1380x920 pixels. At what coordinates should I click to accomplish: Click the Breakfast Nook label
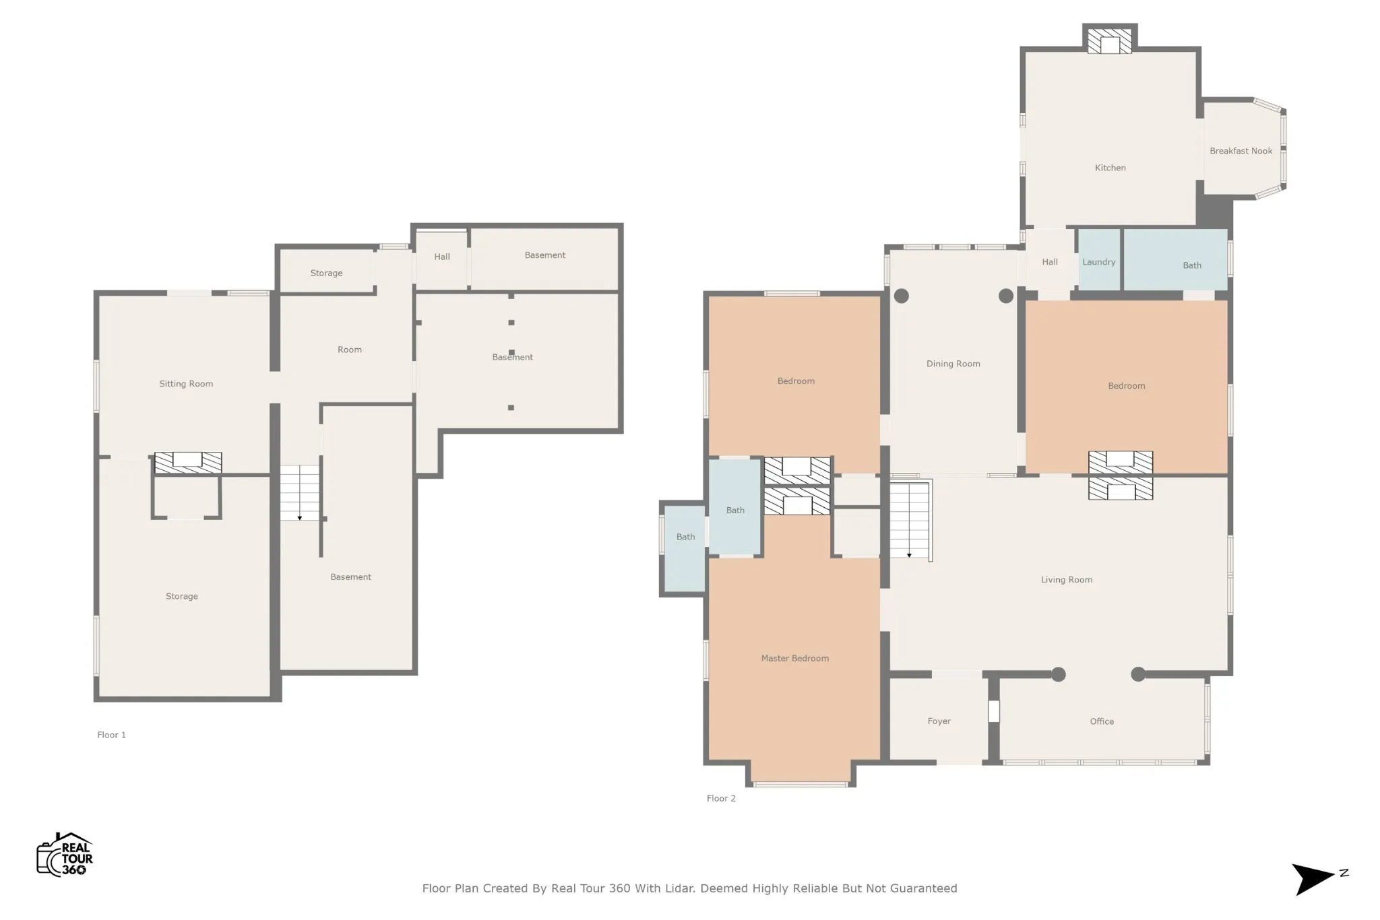pos(1241,151)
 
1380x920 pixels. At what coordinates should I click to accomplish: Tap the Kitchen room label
pos(1110,168)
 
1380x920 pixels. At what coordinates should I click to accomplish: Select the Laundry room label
pos(1098,262)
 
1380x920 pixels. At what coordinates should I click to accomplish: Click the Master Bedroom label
pos(794,658)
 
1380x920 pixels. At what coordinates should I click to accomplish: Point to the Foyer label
pos(939,721)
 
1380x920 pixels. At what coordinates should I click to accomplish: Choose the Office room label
pos(1102,721)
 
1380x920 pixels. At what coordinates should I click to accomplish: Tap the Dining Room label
pos(953,364)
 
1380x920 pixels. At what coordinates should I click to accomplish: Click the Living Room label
pos(1066,580)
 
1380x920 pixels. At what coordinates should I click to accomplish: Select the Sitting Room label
pos(186,384)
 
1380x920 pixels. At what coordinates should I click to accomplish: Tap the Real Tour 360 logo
pos(65,854)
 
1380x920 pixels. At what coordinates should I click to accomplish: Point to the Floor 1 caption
pos(111,735)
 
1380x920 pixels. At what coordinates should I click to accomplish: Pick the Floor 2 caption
pos(721,798)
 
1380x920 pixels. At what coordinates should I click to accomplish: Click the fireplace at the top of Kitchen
pos(1110,40)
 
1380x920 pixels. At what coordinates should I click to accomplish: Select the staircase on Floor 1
pos(300,492)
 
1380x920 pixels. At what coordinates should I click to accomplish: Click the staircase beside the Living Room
pos(910,519)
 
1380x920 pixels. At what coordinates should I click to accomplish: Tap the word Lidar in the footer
pos(680,888)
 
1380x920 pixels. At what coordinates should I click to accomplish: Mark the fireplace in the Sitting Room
pos(188,462)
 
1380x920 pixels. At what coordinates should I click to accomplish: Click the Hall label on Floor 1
pos(442,257)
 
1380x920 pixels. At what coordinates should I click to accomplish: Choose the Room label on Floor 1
pos(350,350)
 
